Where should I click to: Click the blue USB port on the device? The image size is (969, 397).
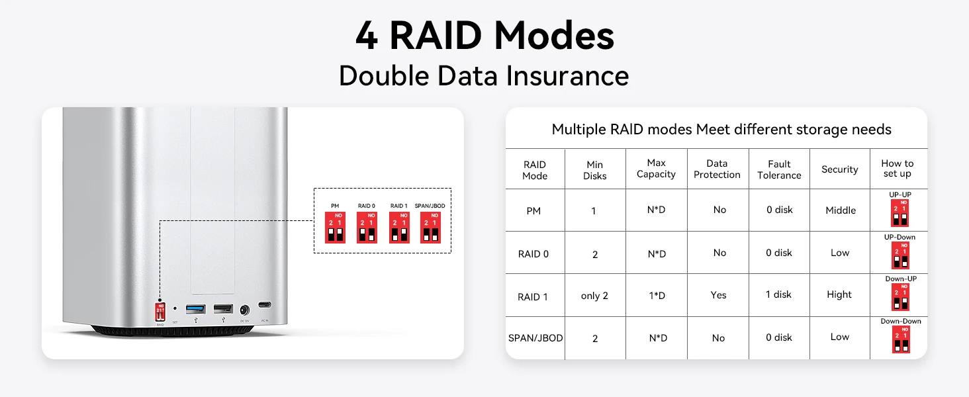coord(195,308)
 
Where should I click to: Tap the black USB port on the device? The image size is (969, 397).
coord(223,308)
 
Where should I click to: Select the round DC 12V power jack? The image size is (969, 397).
coord(245,309)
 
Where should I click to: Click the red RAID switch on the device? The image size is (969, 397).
coord(160,311)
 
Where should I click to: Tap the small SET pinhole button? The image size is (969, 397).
coord(175,308)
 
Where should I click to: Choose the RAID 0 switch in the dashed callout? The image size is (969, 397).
coord(367,227)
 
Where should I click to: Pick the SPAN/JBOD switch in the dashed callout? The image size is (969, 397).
coord(430,227)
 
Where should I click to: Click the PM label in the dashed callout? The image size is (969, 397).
coord(335,206)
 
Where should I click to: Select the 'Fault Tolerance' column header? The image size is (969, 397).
coord(779,169)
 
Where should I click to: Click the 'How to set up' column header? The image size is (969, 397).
coord(897,168)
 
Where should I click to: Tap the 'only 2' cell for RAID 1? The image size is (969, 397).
coord(594,296)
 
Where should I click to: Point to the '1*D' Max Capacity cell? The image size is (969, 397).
coord(657,296)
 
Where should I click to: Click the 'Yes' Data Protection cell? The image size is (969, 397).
coord(718,295)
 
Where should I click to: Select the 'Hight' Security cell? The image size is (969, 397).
coord(839,294)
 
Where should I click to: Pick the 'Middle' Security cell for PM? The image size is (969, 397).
coord(841,210)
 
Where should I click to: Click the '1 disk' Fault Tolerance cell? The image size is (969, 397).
coord(778,294)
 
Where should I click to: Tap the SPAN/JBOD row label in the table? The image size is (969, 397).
coord(535,338)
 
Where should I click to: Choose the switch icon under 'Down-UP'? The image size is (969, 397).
coord(900,297)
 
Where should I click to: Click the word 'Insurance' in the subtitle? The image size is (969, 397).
coord(567,75)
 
